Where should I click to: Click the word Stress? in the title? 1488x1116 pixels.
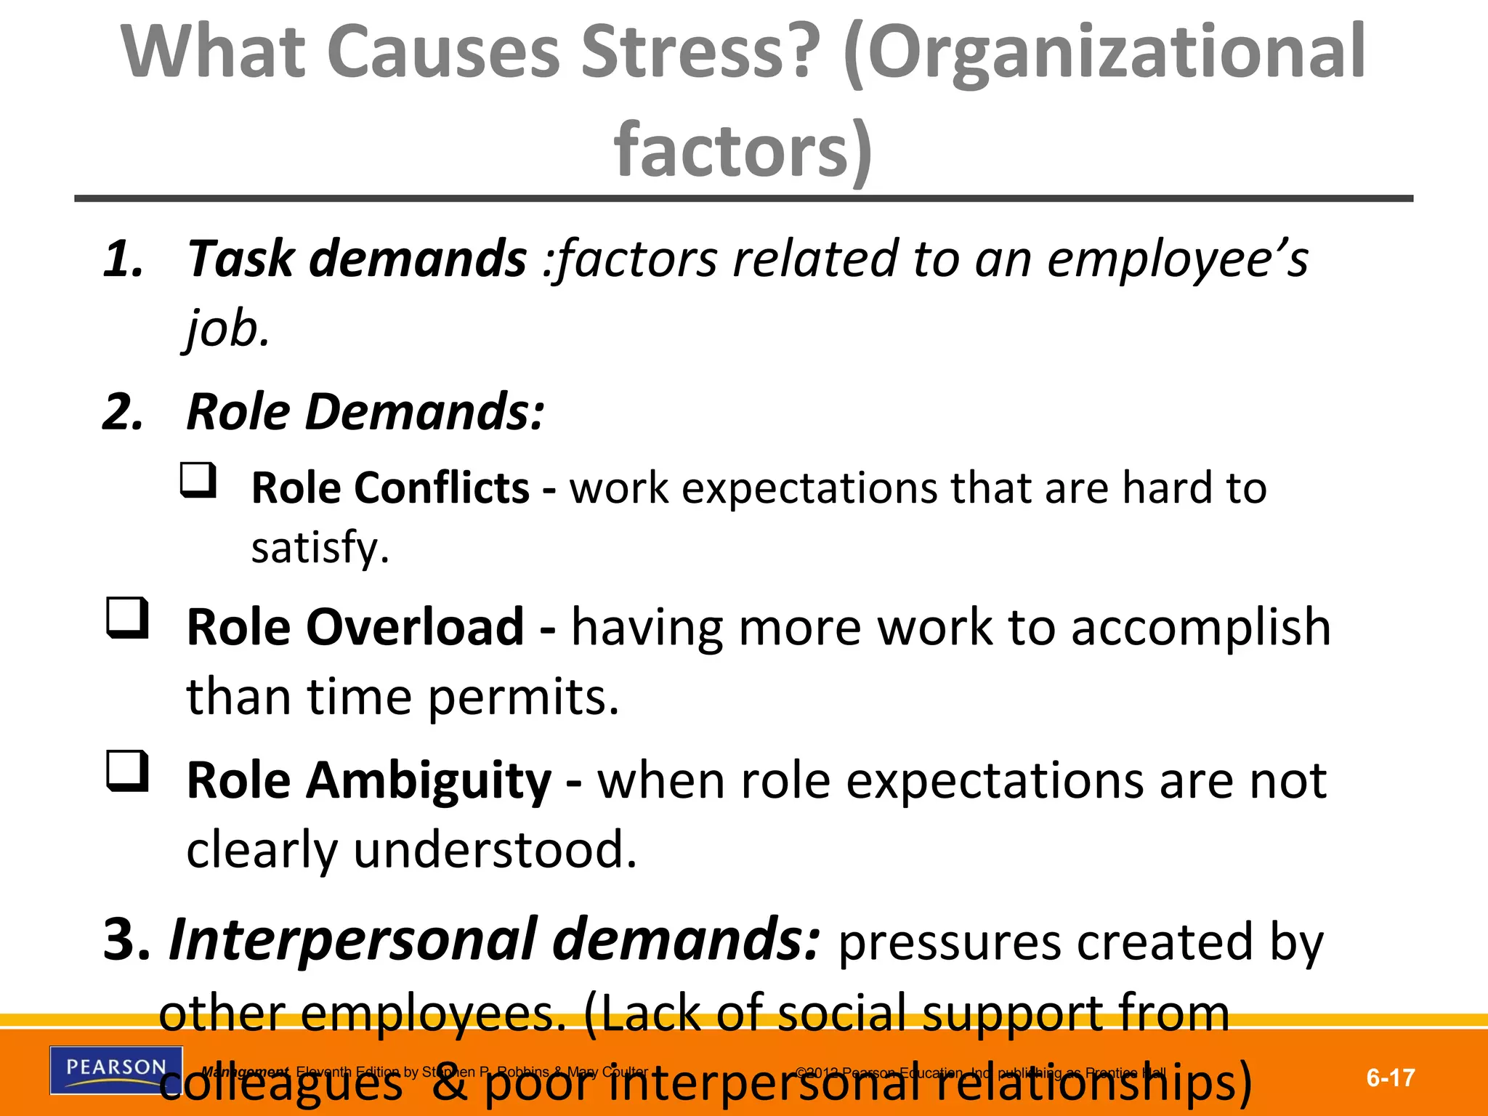point(701,52)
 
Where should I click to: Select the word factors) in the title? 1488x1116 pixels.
point(743,150)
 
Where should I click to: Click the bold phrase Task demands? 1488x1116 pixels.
point(357,259)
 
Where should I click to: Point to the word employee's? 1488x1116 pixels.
point(1177,260)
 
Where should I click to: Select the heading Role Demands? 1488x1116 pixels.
point(365,412)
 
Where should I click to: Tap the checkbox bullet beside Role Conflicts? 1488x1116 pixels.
point(198,481)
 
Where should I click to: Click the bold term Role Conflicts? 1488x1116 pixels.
point(390,488)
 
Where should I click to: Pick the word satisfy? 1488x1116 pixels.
point(320,547)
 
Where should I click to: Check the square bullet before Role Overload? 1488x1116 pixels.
point(128,618)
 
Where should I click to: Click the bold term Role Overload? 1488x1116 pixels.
point(355,626)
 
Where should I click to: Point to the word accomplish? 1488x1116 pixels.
point(1200,628)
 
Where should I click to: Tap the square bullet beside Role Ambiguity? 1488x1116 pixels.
point(128,772)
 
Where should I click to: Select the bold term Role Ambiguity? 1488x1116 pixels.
point(369,781)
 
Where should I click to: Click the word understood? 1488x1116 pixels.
point(495,849)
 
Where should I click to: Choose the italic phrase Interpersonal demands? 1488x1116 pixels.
point(495,939)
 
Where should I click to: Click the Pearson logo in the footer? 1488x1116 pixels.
point(116,1069)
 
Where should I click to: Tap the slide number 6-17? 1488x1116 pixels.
point(1390,1077)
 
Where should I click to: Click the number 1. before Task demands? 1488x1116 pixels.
point(123,260)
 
